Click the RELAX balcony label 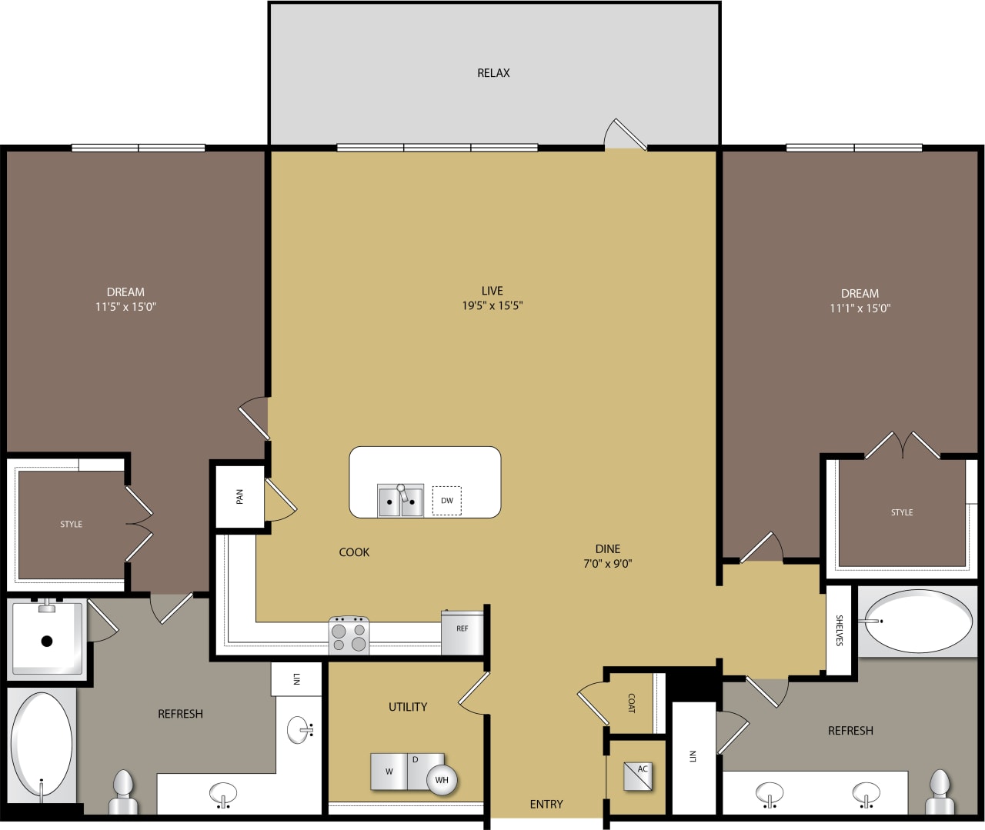coord(493,73)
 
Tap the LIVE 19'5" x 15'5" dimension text coord(492,305)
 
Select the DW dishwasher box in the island coord(447,500)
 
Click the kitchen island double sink coord(400,501)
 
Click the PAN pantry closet coord(239,497)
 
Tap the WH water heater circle coord(442,780)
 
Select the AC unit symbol coord(638,776)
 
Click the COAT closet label coord(632,703)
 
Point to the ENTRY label coord(546,804)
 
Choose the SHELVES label coord(839,630)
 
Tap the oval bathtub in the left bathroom coord(42,744)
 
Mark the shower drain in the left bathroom coord(47,641)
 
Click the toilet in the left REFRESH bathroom coord(123,792)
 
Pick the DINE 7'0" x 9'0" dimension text coord(608,563)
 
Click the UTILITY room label coord(408,707)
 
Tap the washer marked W coord(389,772)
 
